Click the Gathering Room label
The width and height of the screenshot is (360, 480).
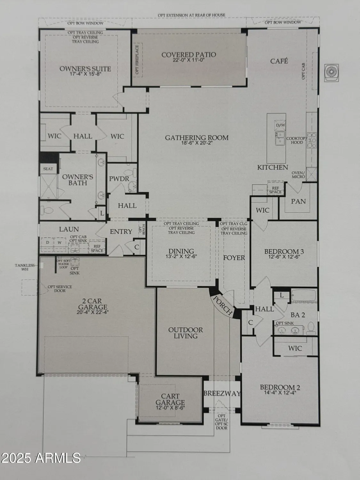pyautogui.click(x=197, y=138)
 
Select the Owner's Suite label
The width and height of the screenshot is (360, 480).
pyautogui.click(x=85, y=69)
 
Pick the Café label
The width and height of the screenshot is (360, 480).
pyautogui.click(x=279, y=61)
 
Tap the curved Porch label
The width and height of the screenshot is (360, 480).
pyautogui.click(x=223, y=305)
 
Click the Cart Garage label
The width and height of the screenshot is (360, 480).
pyautogui.click(x=170, y=399)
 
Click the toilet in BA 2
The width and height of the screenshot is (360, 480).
pyautogui.click(x=311, y=327)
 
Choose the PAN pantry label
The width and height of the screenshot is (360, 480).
pyautogui.click(x=298, y=201)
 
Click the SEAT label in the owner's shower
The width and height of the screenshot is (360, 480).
pyautogui.click(x=48, y=169)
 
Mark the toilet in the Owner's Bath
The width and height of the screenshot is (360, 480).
pyautogui.click(x=48, y=211)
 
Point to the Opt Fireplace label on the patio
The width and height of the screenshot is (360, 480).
pyautogui.click(x=137, y=60)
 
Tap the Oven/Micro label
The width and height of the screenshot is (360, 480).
pyautogui.click(x=298, y=175)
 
